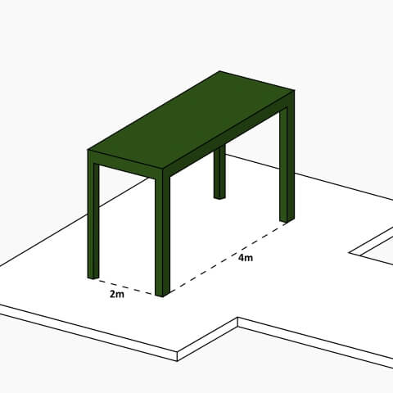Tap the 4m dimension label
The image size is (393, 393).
[x=245, y=259]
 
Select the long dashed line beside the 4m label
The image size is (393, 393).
[x=225, y=255]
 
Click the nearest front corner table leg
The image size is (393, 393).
[x=162, y=237]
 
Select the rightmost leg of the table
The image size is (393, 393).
[x=287, y=164]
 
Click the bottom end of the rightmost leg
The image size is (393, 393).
[x=287, y=219]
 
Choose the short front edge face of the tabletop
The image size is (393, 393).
[x=126, y=165]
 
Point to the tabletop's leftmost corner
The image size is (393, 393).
[x=89, y=151]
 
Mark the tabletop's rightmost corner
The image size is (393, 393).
[x=293, y=92]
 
